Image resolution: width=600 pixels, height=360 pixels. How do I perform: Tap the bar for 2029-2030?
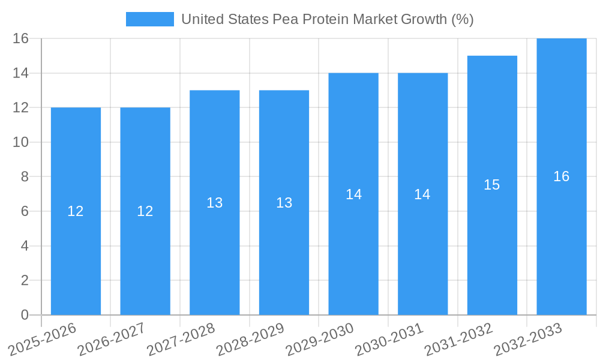pos(353,252)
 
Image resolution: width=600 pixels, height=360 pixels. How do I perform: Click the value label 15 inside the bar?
pos(492,185)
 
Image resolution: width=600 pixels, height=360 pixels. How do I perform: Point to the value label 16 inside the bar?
pos(562,176)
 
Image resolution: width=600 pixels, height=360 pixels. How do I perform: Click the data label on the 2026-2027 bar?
pos(145,211)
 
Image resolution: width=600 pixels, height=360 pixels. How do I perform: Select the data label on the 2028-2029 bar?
pos(284,203)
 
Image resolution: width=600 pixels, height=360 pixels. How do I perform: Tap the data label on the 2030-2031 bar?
pos(422,194)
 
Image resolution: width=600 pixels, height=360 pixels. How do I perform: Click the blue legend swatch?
pos(149,19)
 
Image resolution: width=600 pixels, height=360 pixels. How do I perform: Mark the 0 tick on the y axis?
pos(25,315)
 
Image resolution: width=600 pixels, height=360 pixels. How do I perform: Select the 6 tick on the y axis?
pos(25,211)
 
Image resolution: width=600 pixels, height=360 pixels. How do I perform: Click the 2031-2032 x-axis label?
pos(459,340)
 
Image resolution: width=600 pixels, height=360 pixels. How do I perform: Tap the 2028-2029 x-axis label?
pos(251,340)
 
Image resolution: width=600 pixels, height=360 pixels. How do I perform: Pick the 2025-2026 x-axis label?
pos(43,340)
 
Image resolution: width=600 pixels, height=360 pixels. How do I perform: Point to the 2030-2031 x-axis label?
pos(389,340)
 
